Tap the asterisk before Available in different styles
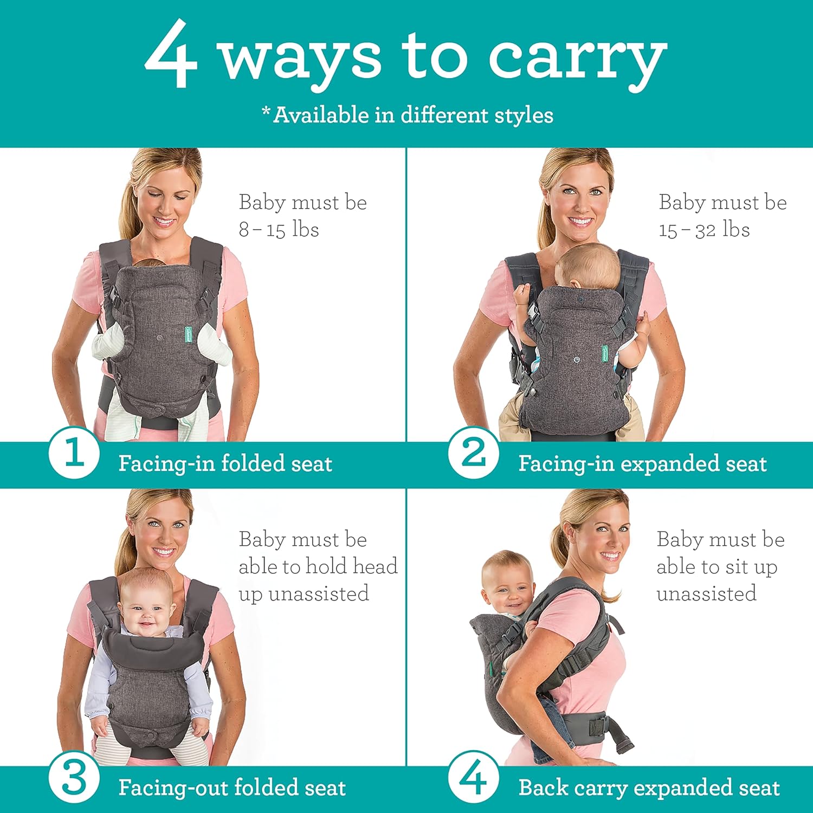266,111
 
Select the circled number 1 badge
74,453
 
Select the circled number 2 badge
473,453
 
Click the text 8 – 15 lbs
279,229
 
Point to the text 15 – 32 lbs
704,229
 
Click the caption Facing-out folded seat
232,788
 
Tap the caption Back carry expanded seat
649,788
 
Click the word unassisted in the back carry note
706,593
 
